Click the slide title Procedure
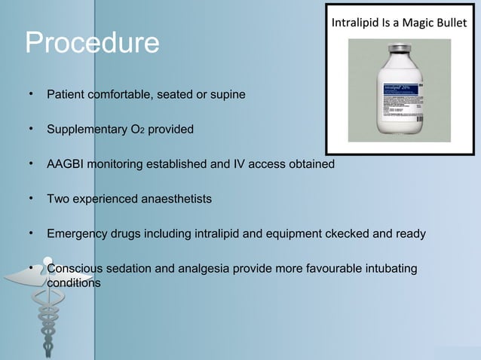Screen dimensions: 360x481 92,44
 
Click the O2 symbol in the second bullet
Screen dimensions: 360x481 136,130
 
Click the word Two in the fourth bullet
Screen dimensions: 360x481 58,200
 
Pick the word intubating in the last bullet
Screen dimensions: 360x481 388,270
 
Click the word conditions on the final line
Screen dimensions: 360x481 74,282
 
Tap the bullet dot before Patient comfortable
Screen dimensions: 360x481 30,94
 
